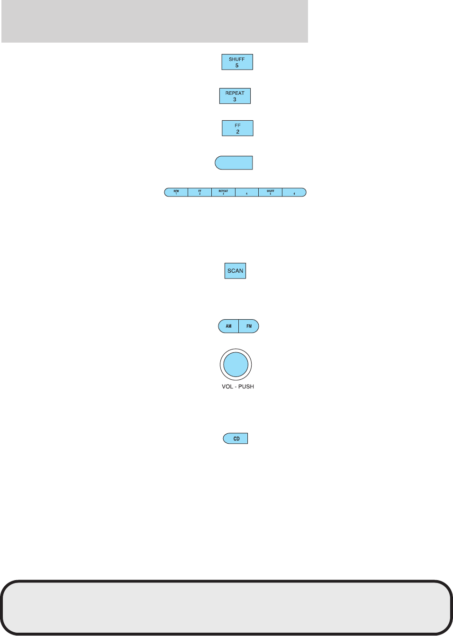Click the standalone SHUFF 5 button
click(x=237, y=62)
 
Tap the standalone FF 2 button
click(x=237, y=128)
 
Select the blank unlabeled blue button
click(x=234, y=163)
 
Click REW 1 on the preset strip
click(x=176, y=192)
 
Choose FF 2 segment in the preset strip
click(x=199, y=192)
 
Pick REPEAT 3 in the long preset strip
click(x=223, y=192)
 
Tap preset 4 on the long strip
click(x=246, y=192)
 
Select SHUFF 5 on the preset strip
click(x=270, y=192)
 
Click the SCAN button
click(x=235, y=271)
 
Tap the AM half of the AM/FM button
click(x=228, y=326)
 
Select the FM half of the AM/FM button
click(x=249, y=326)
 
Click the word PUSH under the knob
click(x=246, y=387)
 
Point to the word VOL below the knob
click(x=227, y=387)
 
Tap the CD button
click(x=236, y=439)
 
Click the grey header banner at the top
click(x=154, y=21)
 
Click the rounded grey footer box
click(x=226, y=607)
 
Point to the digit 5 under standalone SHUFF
click(x=237, y=66)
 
